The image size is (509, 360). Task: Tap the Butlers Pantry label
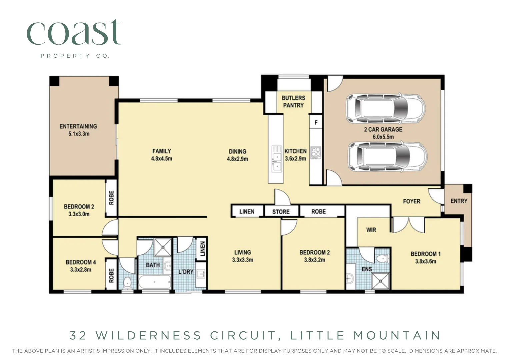293,102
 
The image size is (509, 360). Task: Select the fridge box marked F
316,123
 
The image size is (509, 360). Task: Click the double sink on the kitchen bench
276,159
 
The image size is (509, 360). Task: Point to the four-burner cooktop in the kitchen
316,153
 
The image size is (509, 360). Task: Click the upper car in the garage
385,108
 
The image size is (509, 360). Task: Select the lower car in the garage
387,156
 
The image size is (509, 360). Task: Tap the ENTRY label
459,201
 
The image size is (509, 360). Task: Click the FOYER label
411,201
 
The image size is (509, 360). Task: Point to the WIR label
371,230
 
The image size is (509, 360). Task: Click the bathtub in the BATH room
155,282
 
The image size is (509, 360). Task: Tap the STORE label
281,212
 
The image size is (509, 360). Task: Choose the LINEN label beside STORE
247,212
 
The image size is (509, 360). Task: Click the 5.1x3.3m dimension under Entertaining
79,134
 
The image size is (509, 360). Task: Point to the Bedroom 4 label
81,262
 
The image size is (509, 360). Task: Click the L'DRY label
186,272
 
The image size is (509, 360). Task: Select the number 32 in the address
78,335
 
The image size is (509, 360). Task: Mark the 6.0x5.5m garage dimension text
383,137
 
